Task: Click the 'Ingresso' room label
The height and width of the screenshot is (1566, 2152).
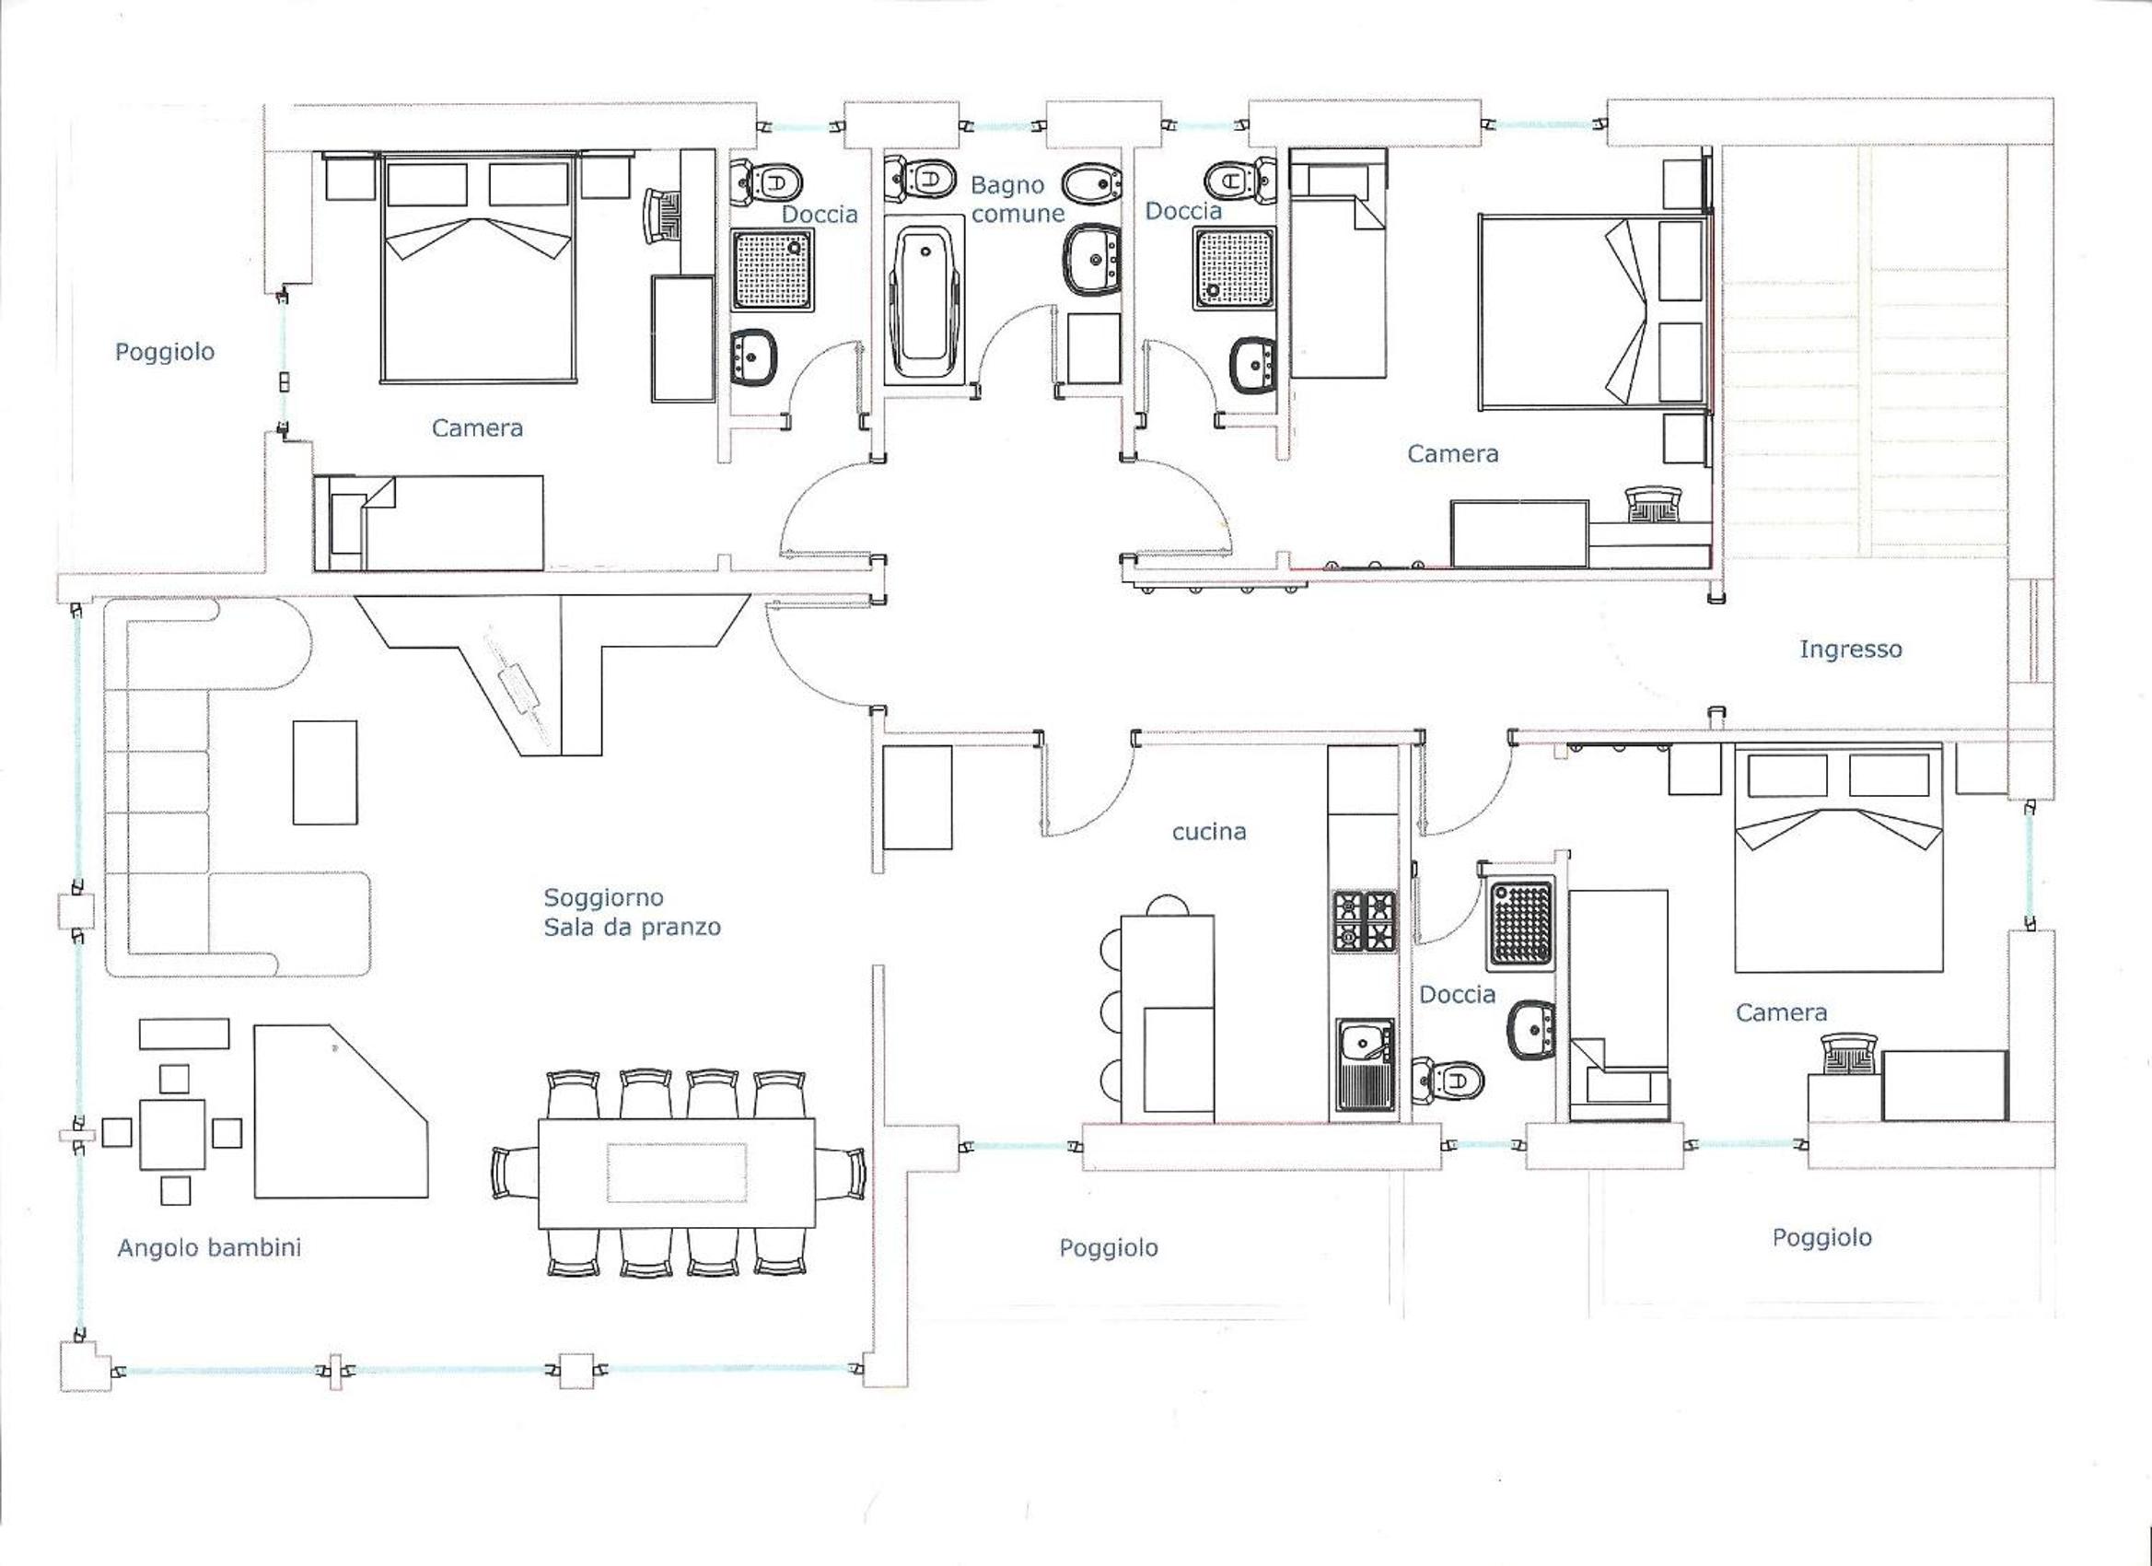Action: point(1850,650)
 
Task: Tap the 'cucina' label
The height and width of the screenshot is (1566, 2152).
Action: point(1209,833)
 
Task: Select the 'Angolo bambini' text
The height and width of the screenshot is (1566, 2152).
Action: point(209,1247)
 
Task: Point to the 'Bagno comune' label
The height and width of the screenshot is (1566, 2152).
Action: point(1017,199)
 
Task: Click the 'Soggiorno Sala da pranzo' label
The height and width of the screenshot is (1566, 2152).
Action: point(632,912)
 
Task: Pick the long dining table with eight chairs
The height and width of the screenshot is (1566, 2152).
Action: point(678,1173)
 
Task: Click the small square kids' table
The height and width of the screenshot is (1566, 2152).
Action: point(172,1134)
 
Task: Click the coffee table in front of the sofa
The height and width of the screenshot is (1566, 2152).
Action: point(325,773)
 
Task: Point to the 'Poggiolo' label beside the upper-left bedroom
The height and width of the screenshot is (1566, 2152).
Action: point(165,352)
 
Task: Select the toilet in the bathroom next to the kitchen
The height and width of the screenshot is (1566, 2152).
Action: point(1447,1080)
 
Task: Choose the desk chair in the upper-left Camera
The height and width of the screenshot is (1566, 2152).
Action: point(664,216)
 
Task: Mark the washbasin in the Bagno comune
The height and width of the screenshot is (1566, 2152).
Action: point(1093,261)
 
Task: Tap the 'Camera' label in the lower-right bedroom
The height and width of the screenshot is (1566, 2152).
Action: point(1781,1013)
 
